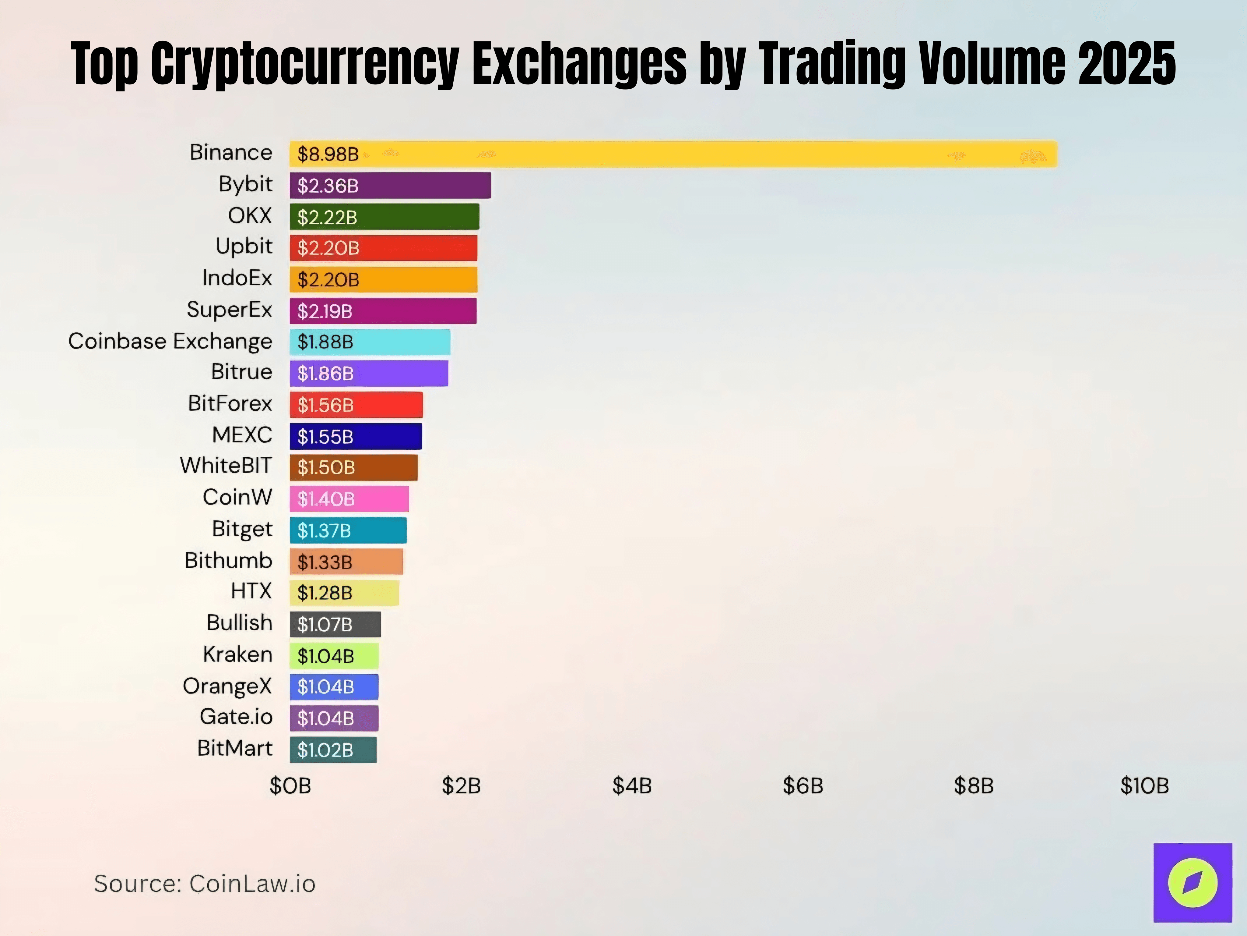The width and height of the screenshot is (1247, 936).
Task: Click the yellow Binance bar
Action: [673, 154]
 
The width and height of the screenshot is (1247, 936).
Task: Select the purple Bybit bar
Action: [390, 186]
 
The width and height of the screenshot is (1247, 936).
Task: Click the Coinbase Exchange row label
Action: [170, 341]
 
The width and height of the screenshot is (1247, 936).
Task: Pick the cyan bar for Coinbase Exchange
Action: [370, 342]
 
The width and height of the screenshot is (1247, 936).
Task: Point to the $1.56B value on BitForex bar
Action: [325, 405]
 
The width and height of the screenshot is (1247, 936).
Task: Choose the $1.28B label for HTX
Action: [325, 593]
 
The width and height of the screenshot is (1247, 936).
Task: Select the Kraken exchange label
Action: [237, 654]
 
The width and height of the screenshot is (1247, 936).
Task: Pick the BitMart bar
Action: [333, 750]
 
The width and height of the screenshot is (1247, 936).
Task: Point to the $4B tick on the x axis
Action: [632, 786]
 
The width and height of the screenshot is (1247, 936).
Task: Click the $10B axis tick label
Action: [1144, 786]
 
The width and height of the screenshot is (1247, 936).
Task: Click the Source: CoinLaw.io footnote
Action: [205, 884]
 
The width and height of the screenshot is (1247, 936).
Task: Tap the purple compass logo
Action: [1192, 882]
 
